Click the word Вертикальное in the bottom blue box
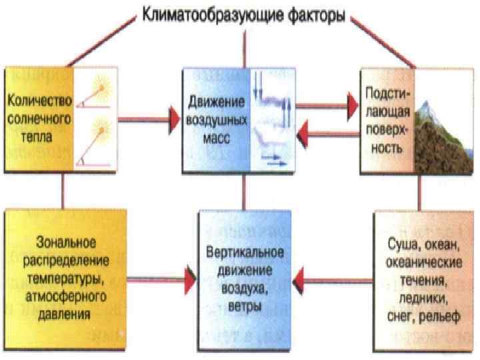tap(245, 254)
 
